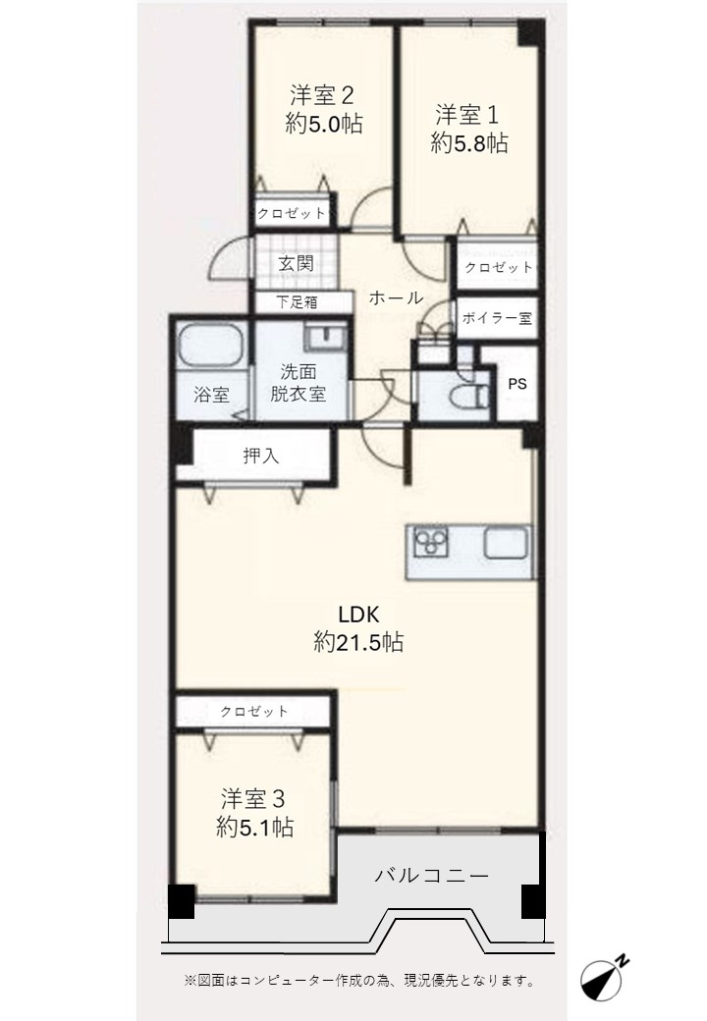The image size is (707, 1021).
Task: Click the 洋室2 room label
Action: [x=322, y=96]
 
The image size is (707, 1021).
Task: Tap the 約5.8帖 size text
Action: [x=469, y=142]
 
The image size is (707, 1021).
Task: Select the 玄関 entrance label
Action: [x=297, y=264]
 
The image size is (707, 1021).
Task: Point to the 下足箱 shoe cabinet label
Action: [x=297, y=302]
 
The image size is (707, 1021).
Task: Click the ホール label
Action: [x=396, y=298]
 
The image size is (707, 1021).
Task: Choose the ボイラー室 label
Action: [x=497, y=318]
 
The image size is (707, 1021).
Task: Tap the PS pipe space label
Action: [x=517, y=384]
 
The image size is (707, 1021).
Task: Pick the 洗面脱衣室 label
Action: [x=299, y=383]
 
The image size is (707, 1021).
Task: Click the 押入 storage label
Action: [x=261, y=456]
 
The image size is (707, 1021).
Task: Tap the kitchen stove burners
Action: [x=431, y=542]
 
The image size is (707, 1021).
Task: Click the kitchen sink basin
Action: [x=505, y=542]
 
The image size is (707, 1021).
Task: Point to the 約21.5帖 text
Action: [x=358, y=642]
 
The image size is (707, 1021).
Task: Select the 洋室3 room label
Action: [x=253, y=799]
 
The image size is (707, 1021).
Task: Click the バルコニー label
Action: [x=432, y=876]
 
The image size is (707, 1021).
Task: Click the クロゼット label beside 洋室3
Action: [x=254, y=711]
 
